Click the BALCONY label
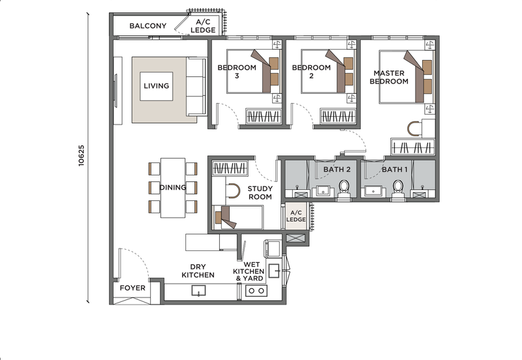[x=148, y=25]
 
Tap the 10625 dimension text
[x=81, y=155]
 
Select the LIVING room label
[x=156, y=85]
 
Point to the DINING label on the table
[x=173, y=187]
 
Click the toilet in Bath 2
[x=344, y=190]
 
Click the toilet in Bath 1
[x=398, y=190]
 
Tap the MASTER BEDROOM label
[x=389, y=77]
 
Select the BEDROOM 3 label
[x=237, y=72]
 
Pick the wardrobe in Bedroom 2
[x=337, y=117]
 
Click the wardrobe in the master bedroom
[x=412, y=147]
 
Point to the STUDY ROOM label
[x=260, y=192]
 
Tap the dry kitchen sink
[x=198, y=290]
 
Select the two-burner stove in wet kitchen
[x=256, y=290]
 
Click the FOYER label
[x=132, y=288]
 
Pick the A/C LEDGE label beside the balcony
[x=203, y=26]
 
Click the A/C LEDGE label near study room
[x=296, y=216]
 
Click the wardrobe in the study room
[x=230, y=168]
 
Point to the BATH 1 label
[x=395, y=170]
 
